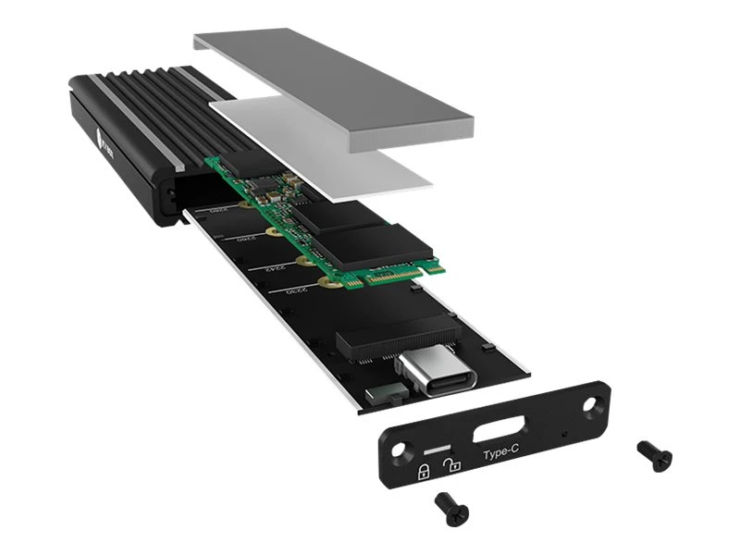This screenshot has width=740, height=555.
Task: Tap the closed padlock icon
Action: coord(424,472)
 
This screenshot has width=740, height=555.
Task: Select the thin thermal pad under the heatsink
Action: coord(342,153)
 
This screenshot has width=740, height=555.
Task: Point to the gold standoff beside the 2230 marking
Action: coord(323,281)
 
